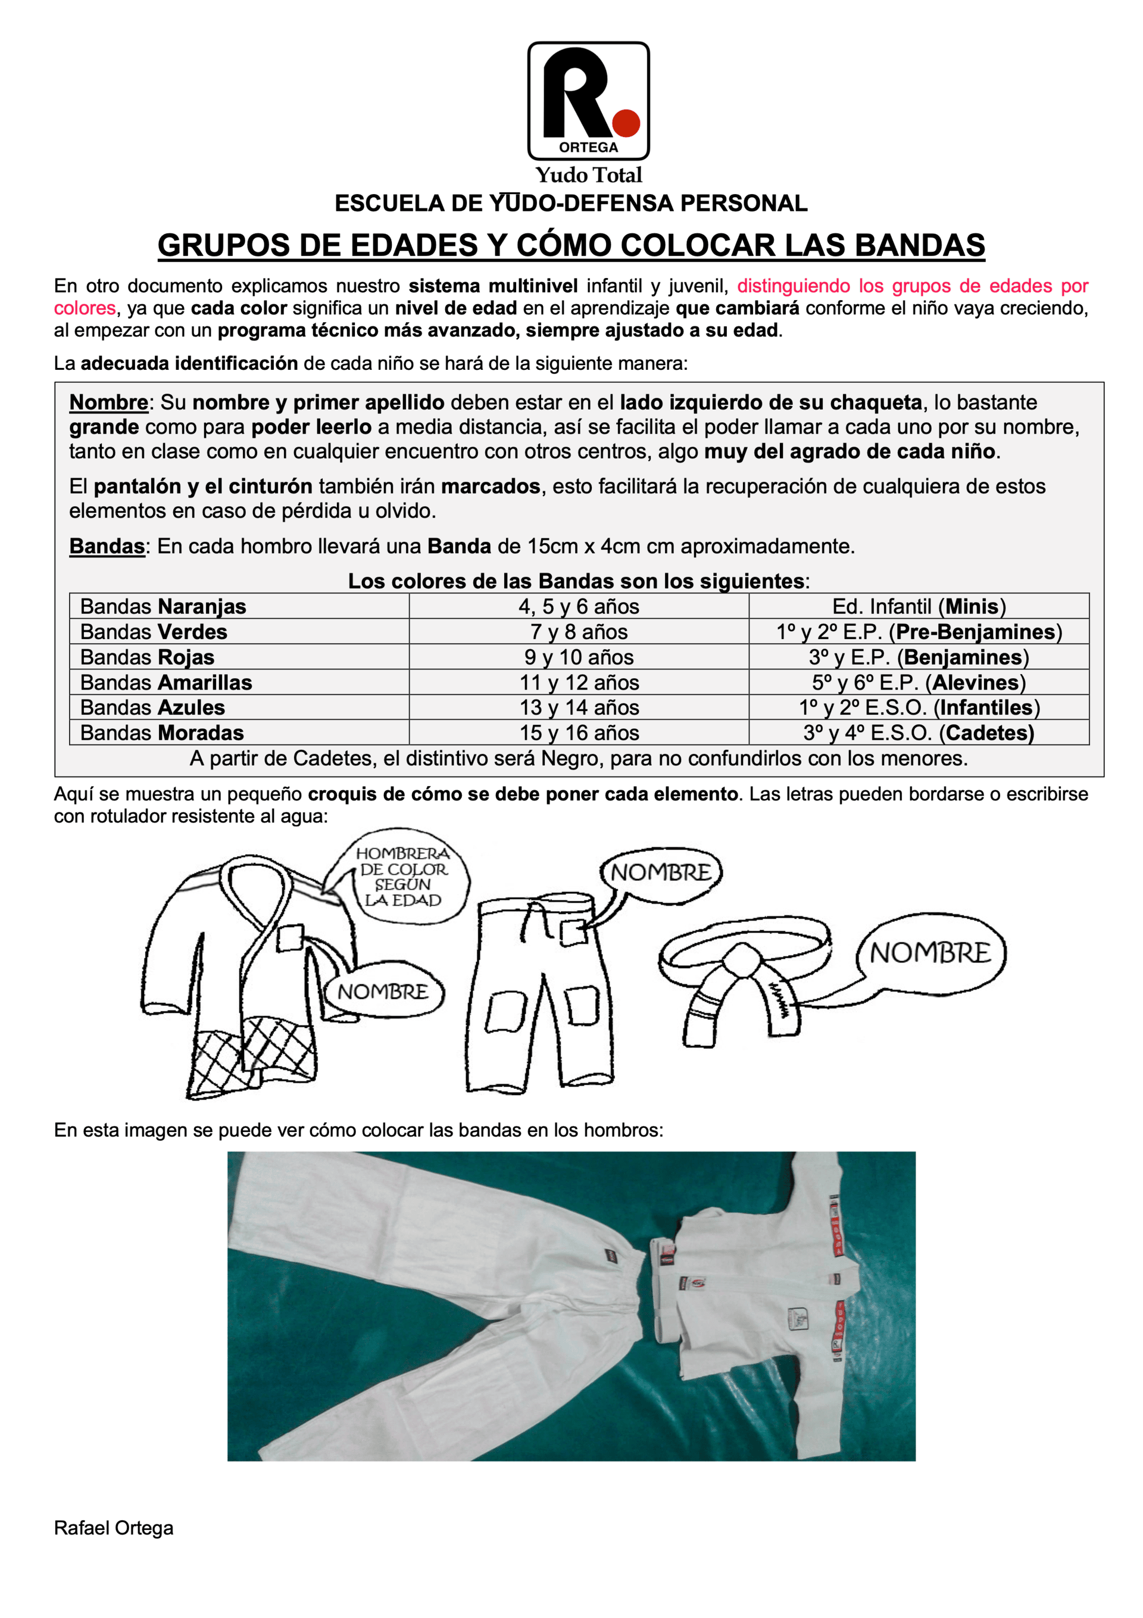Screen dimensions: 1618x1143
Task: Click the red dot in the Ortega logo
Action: (x=625, y=123)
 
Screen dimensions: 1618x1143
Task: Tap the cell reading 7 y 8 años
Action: (x=579, y=631)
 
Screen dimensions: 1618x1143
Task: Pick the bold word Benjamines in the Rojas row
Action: (x=963, y=657)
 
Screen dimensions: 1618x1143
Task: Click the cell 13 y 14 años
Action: (x=579, y=707)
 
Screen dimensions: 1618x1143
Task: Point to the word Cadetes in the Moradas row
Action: (x=988, y=733)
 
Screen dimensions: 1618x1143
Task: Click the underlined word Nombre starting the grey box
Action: (x=108, y=403)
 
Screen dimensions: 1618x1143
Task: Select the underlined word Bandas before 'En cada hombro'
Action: (x=107, y=546)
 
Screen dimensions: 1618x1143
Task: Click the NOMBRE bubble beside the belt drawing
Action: (x=930, y=953)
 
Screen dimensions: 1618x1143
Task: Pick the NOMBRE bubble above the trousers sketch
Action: (x=660, y=872)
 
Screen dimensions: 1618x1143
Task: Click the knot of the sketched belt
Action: (x=741, y=959)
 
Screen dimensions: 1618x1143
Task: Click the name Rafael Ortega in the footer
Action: (x=114, y=1528)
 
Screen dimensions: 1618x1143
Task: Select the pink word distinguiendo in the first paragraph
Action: (x=794, y=286)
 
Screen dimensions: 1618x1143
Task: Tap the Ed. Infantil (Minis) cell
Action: (x=919, y=606)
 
